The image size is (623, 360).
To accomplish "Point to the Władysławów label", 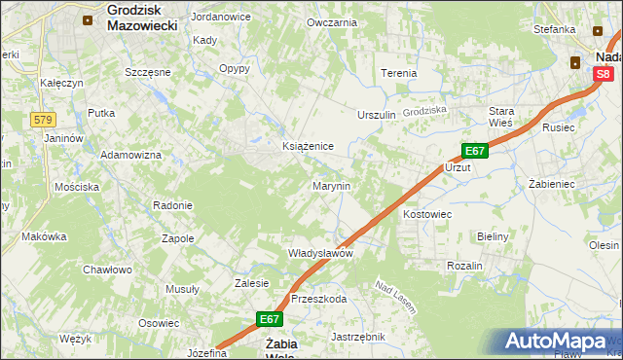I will click(x=319, y=252).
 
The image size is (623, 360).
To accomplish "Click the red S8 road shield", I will click(x=604, y=73).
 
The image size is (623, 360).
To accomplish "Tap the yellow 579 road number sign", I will click(x=42, y=120).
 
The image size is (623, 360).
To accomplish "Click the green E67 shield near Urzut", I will click(x=474, y=151).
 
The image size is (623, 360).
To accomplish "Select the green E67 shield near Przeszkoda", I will click(x=270, y=318).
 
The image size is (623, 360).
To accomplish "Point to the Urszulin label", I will click(x=377, y=115).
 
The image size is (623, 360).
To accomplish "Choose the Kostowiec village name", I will click(x=427, y=212).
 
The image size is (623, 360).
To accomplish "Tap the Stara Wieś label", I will click(x=501, y=117).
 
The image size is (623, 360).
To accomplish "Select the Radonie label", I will click(x=172, y=205).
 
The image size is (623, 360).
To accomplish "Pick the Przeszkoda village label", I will click(x=318, y=299).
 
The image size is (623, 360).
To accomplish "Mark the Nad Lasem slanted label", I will click(x=396, y=297).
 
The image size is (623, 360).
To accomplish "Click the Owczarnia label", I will click(x=331, y=22).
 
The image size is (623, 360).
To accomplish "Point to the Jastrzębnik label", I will click(x=358, y=337).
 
